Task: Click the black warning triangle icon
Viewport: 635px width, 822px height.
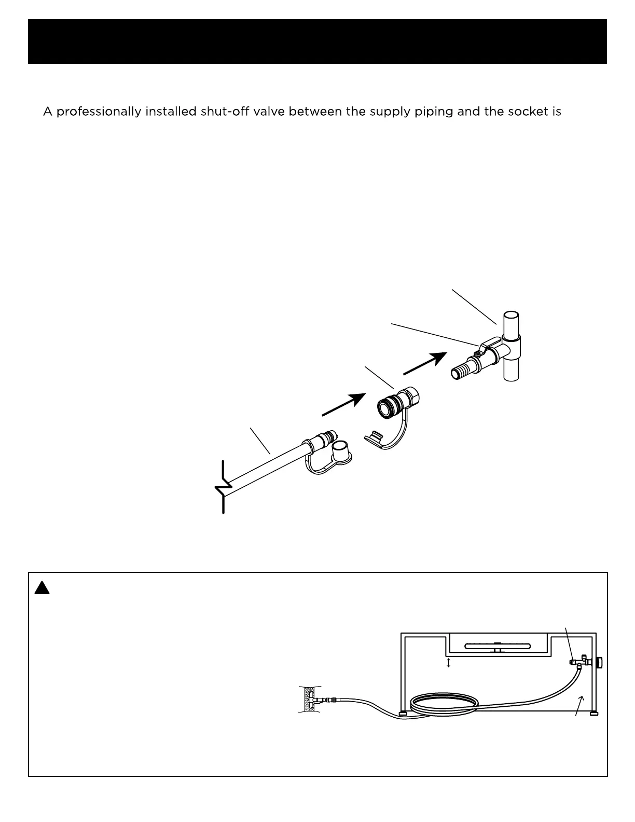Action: point(42,588)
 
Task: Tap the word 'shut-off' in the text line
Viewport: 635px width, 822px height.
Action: point(222,112)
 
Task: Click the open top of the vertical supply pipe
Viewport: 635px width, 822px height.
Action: point(511,316)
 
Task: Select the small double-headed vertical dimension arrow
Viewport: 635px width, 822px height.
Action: point(448,663)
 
